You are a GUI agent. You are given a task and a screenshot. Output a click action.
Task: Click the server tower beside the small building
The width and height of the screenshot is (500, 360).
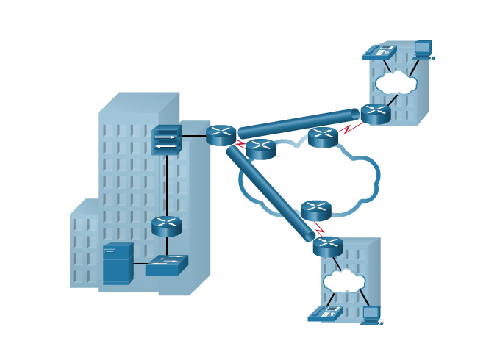click(x=116, y=263)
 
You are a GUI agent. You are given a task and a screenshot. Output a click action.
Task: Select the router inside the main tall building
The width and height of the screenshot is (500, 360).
click(x=167, y=225)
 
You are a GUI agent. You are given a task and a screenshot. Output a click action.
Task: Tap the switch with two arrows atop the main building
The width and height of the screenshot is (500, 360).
click(x=167, y=140)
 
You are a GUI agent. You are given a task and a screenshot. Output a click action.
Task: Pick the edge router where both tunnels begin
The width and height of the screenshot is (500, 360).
click(x=221, y=135)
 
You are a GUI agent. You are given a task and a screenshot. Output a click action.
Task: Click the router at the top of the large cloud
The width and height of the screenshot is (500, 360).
click(x=323, y=137)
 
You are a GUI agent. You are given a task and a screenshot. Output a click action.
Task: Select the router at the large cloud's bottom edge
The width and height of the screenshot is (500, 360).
click(x=316, y=211)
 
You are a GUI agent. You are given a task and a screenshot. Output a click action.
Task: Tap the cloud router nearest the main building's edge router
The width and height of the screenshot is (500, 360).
click(x=260, y=148)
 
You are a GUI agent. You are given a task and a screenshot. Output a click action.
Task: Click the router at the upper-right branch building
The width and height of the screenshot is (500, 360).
click(x=375, y=114)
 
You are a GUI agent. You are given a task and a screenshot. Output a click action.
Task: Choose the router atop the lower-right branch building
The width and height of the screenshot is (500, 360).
click(x=328, y=246)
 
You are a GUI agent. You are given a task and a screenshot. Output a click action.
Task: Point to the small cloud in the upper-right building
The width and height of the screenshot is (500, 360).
click(x=396, y=82)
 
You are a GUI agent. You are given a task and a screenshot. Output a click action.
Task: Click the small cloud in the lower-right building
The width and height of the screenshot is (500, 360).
click(x=344, y=281)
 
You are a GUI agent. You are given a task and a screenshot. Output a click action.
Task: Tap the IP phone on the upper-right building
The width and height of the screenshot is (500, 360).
click(x=383, y=51)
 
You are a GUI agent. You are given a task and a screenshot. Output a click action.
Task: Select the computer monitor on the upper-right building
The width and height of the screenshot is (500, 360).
click(x=423, y=48)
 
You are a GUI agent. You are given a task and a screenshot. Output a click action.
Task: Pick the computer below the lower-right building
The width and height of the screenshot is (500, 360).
click(x=371, y=314)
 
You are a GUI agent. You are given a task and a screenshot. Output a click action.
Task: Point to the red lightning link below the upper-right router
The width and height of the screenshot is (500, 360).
click(x=351, y=128)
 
